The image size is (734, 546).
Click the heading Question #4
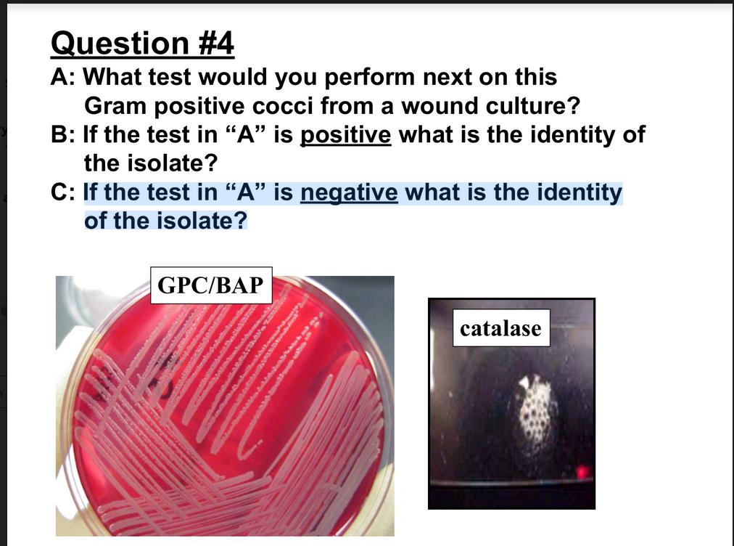[143, 44]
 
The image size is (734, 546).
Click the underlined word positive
[346, 135]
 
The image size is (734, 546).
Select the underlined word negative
[349, 193]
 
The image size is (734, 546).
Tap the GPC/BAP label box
[211, 285]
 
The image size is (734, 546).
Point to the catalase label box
[500, 328]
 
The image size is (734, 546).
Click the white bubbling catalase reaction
[537, 409]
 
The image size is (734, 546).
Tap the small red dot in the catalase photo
[581, 474]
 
